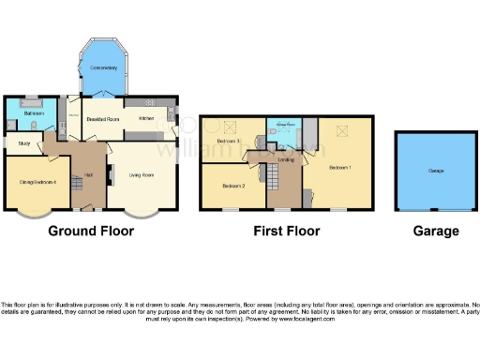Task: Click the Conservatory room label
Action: (x=104, y=68)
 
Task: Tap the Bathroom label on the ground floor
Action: (x=22, y=113)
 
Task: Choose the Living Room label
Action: (x=142, y=174)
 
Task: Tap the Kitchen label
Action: (x=146, y=119)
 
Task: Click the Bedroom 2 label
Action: (x=233, y=186)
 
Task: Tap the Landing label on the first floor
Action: (x=288, y=160)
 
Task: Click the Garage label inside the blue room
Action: (x=436, y=172)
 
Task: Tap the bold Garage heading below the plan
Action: (x=436, y=231)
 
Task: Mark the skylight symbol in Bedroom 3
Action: (x=230, y=126)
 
